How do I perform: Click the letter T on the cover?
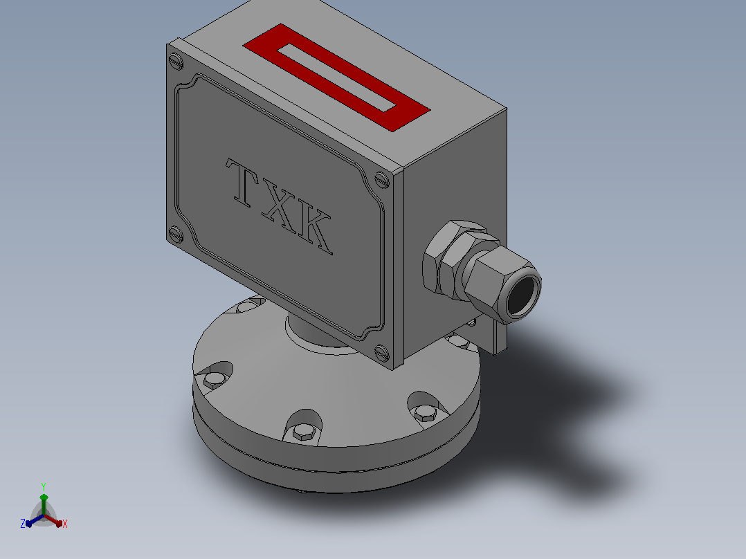243,183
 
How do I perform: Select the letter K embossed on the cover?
314,230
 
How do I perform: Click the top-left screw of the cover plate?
176,61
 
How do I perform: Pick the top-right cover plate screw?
382,180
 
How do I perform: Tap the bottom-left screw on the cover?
176,234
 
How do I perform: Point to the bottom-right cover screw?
381,353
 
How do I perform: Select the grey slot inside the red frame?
337,77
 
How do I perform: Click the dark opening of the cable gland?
523,296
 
